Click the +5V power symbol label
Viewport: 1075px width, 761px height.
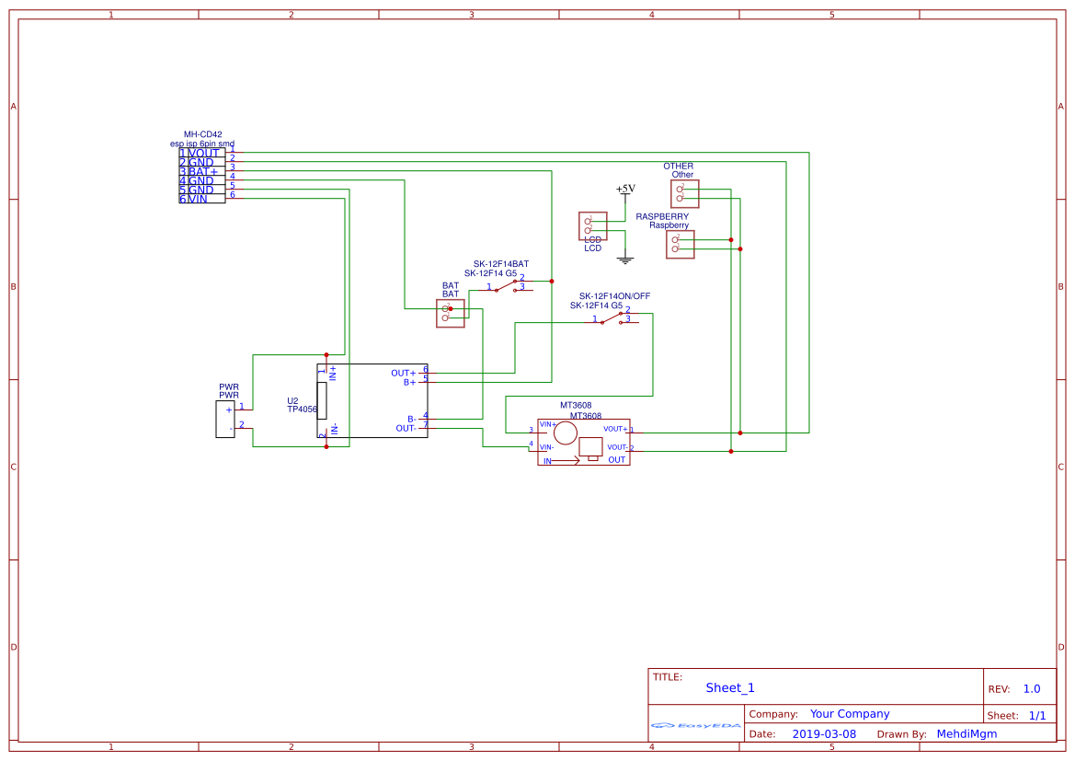pyautogui.click(x=625, y=189)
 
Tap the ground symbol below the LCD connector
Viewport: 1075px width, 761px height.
pyautogui.click(x=625, y=260)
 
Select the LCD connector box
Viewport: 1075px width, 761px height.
pyautogui.click(x=592, y=225)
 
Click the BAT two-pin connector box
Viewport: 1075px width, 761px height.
pyautogui.click(x=450, y=313)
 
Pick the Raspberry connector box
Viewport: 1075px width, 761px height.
pyautogui.click(x=680, y=244)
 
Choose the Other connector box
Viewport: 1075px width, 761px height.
pyautogui.click(x=684, y=193)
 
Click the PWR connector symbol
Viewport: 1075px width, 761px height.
pyautogui.click(x=225, y=419)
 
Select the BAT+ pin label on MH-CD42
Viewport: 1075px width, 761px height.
pyautogui.click(x=203, y=171)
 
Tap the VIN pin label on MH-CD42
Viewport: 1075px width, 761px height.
pyautogui.click(x=198, y=199)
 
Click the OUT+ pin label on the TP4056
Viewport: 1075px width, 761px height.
pyautogui.click(x=403, y=373)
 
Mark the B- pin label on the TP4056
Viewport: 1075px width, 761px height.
pyautogui.click(x=411, y=419)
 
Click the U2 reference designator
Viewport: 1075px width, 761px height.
pyautogui.click(x=292, y=401)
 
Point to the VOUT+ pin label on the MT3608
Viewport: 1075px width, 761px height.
pyautogui.click(x=615, y=429)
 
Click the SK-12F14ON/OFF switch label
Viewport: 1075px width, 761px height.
pyautogui.click(x=615, y=296)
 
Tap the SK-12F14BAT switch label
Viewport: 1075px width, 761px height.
pyautogui.click(x=500, y=264)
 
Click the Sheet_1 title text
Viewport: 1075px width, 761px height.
pyautogui.click(x=730, y=687)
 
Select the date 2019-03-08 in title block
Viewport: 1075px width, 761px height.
pyautogui.click(x=823, y=734)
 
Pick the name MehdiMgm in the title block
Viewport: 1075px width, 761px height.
pyautogui.click(x=966, y=734)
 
